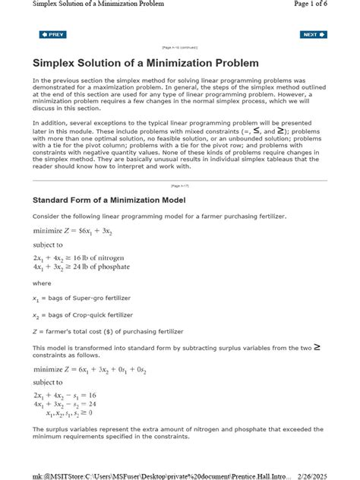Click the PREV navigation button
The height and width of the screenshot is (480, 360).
[x=52, y=34]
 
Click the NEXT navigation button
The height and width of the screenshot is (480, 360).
[x=313, y=34]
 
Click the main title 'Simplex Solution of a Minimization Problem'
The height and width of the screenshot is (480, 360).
[x=145, y=62]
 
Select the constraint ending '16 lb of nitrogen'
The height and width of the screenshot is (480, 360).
[x=81, y=257]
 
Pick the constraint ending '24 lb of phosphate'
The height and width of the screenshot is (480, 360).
[x=81, y=267]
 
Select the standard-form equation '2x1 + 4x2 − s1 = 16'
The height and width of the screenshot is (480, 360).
[x=68, y=396]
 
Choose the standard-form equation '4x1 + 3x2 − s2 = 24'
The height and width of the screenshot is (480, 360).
[x=68, y=404]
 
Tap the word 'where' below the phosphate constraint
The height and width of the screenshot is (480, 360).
[x=41, y=283]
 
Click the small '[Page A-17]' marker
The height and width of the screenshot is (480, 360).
[x=180, y=185]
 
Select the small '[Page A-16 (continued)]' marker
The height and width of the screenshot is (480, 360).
[x=179, y=47]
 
